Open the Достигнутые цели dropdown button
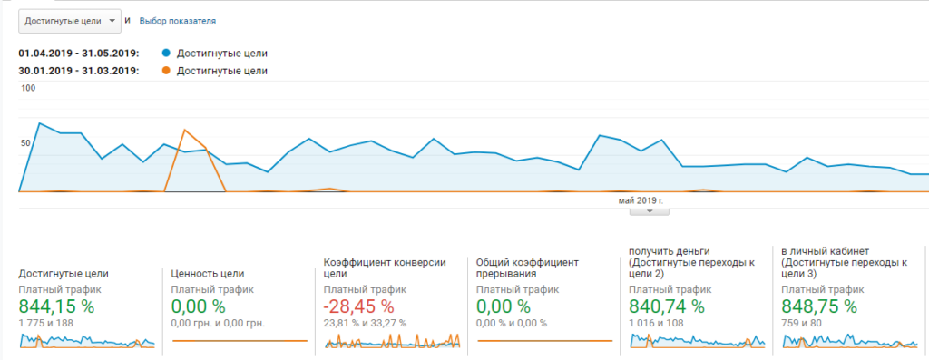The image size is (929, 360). point(70,21)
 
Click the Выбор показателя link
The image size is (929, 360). point(178,21)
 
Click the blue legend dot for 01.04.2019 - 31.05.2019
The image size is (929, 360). point(167,54)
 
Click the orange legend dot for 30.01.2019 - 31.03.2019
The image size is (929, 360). point(167,71)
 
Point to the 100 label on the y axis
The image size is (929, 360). point(28,88)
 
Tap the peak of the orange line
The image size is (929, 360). point(185,130)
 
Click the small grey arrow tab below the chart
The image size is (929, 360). point(650,210)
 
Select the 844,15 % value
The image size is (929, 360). point(56,306)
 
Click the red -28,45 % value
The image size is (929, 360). point(358,306)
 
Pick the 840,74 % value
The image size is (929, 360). point(667,306)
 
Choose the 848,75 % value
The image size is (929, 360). point(819,306)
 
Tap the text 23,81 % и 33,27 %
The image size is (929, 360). point(365,324)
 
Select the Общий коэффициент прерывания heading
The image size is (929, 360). point(527,268)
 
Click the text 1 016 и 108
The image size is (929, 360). point(656,324)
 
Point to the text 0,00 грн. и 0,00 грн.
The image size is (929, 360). point(218,324)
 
